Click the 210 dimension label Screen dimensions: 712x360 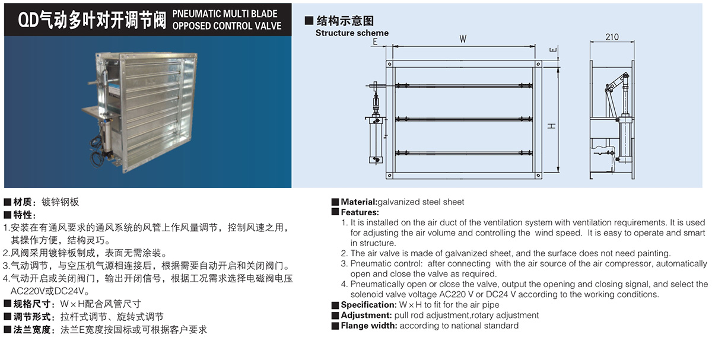tap(612, 37)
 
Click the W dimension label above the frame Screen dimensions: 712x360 tap(463, 39)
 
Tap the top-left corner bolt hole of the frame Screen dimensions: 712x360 tap(390, 64)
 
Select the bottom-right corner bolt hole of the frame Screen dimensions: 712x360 tap(538, 175)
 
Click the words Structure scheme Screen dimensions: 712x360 tap(352, 33)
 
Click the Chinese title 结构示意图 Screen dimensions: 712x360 tap(345, 21)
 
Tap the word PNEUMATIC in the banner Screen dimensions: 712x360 tap(197, 14)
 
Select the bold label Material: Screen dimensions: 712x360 tap(359, 202)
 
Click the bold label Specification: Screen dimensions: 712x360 tap(368, 305)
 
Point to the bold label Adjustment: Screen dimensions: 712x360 tap(366, 315)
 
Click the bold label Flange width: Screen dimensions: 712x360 tap(369, 326)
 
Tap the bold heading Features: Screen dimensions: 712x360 tap(360, 212)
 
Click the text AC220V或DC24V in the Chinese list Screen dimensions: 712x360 tap(47, 291)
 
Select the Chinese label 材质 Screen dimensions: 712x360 tap(23, 202)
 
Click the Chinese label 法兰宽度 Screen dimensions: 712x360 tap(32, 330)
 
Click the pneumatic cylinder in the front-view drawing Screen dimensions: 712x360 tap(376, 140)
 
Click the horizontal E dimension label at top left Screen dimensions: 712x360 tap(375, 42)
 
